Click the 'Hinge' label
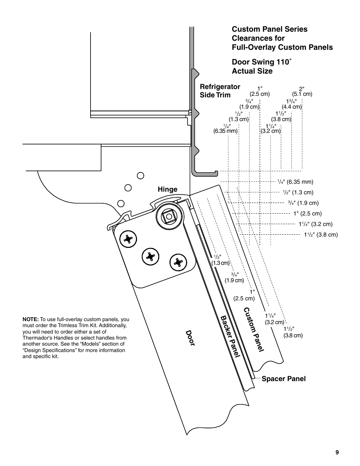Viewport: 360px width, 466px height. [x=168, y=189]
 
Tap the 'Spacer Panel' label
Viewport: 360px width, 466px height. [x=283, y=379]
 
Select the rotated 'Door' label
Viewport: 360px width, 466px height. [x=190, y=338]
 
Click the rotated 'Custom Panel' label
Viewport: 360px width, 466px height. [x=253, y=330]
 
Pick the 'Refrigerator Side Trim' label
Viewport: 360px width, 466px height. [x=220, y=91]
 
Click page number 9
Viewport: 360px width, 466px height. [x=337, y=452]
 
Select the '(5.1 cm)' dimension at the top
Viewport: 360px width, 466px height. [x=302, y=94]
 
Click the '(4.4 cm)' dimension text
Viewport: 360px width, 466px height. [x=292, y=107]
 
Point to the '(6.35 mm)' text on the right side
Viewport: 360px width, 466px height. [x=300, y=182]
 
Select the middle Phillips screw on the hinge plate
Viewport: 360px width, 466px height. [x=150, y=257]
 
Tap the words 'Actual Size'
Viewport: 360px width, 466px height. [x=252, y=71]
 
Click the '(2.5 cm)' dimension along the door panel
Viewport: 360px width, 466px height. [x=244, y=298]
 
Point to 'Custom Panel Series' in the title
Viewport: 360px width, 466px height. [x=269, y=29]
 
